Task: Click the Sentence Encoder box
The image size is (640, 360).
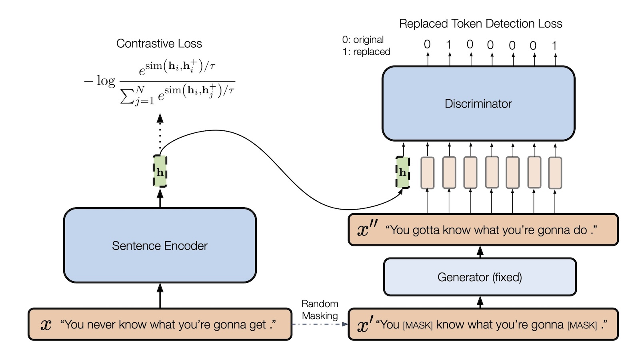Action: tap(160, 245)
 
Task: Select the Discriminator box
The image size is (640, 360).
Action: tap(478, 104)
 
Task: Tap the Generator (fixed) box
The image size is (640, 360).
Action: tap(480, 277)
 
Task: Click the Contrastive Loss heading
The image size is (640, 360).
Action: tap(159, 44)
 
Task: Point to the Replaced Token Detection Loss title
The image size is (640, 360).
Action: tap(480, 24)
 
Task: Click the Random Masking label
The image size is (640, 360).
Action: tap(320, 310)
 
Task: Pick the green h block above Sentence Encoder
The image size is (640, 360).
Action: tap(160, 172)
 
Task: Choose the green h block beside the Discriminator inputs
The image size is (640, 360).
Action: tap(402, 172)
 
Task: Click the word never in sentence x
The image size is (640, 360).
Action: tap(100, 324)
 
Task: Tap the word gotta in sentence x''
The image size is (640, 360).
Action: tap(426, 230)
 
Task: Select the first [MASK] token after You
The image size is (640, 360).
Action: tap(418, 325)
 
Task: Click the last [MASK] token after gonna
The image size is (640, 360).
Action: tap(582, 325)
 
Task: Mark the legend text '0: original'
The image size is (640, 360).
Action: tap(363, 40)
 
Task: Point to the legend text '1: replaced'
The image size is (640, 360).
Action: tap(366, 52)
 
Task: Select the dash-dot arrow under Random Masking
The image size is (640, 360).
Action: tap(320, 324)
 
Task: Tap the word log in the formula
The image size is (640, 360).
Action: tap(106, 81)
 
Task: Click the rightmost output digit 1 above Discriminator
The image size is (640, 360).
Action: tap(554, 45)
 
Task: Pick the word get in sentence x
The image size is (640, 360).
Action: tap(258, 324)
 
